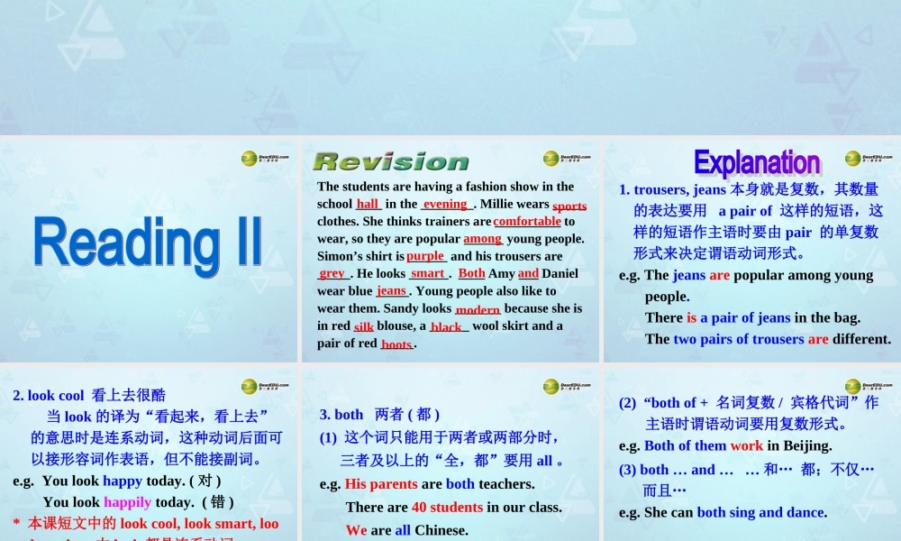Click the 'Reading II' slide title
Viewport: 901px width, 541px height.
(x=148, y=243)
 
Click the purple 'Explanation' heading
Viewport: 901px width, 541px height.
(x=757, y=162)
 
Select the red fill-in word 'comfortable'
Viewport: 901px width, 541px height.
(x=527, y=221)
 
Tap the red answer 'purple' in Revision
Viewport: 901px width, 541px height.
(x=425, y=256)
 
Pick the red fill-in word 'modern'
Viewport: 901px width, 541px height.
(x=478, y=309)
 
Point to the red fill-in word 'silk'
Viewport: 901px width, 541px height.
(x=363, y=326)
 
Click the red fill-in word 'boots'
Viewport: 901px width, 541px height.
(x=396, y=344)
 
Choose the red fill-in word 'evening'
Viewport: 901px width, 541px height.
(x=445, y=204)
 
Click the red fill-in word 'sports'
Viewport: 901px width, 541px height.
(x=569, y=206)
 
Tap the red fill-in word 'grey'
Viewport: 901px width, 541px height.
(x=332, y=273)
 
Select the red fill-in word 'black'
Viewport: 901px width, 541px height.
(x=446, y=326)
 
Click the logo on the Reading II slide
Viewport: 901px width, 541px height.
(x=265, y=159)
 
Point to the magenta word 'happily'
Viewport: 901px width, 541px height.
(x=127, y=502)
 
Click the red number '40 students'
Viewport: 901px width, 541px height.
(x=447, y=507)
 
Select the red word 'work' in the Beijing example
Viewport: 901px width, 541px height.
(x=747, y=445)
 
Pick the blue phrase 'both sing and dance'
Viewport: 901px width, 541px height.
(x=760, y=512)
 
